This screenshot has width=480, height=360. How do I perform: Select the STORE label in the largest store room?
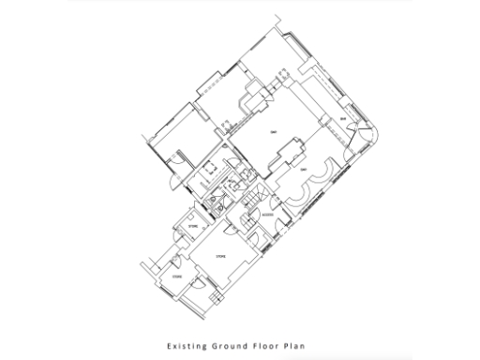(222, 254)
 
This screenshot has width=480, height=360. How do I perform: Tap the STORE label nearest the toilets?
(193, 226)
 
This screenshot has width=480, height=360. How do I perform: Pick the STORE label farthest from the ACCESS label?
(174, 278)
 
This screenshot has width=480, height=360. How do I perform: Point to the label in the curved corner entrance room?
(344, 120)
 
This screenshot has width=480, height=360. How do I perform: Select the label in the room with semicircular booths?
(303, 171)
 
